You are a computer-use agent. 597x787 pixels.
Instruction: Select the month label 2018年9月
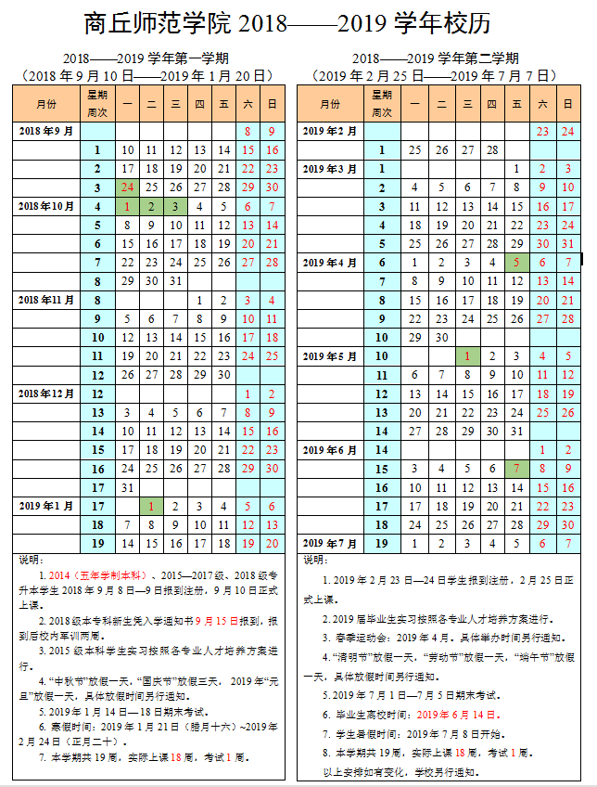pyautogui.click(x=46, y=132)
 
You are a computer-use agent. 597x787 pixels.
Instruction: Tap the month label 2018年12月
pyautogui.click(x=46, y=393)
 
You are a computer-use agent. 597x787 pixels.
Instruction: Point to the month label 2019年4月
pyautogui.click(x=330, y=263)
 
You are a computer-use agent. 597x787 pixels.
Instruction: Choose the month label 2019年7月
pyautogui.click(x=330, y=543)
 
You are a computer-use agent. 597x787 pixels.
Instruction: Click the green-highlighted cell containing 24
pyautogui.click(x=127, y=187)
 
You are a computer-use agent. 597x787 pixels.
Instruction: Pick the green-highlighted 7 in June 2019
pyautogui.click(x=516, y=469)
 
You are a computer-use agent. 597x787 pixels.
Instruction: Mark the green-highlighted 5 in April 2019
pyautogui.click(x=516, y=263)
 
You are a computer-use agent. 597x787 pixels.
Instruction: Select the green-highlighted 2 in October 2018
pyautogui.click(x=151, y=206)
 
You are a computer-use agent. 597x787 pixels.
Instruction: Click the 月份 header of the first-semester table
pyautogui.click(x=46, y=104)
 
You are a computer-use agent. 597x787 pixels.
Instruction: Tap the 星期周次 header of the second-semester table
pyautogui.click(x=380, y=104)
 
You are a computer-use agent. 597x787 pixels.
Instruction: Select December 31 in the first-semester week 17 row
pyautogui.click(x=127, y=487)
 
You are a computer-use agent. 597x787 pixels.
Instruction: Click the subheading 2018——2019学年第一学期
pyautogui.click(x=143, y=59)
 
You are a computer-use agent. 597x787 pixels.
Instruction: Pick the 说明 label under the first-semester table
pyautogui.click(x=31, y=560)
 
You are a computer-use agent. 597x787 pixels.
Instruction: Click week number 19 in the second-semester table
pyautogui.click(x=380, y=543)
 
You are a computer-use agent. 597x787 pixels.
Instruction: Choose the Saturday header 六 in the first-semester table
pyautogui.click(x=248, y=104)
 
